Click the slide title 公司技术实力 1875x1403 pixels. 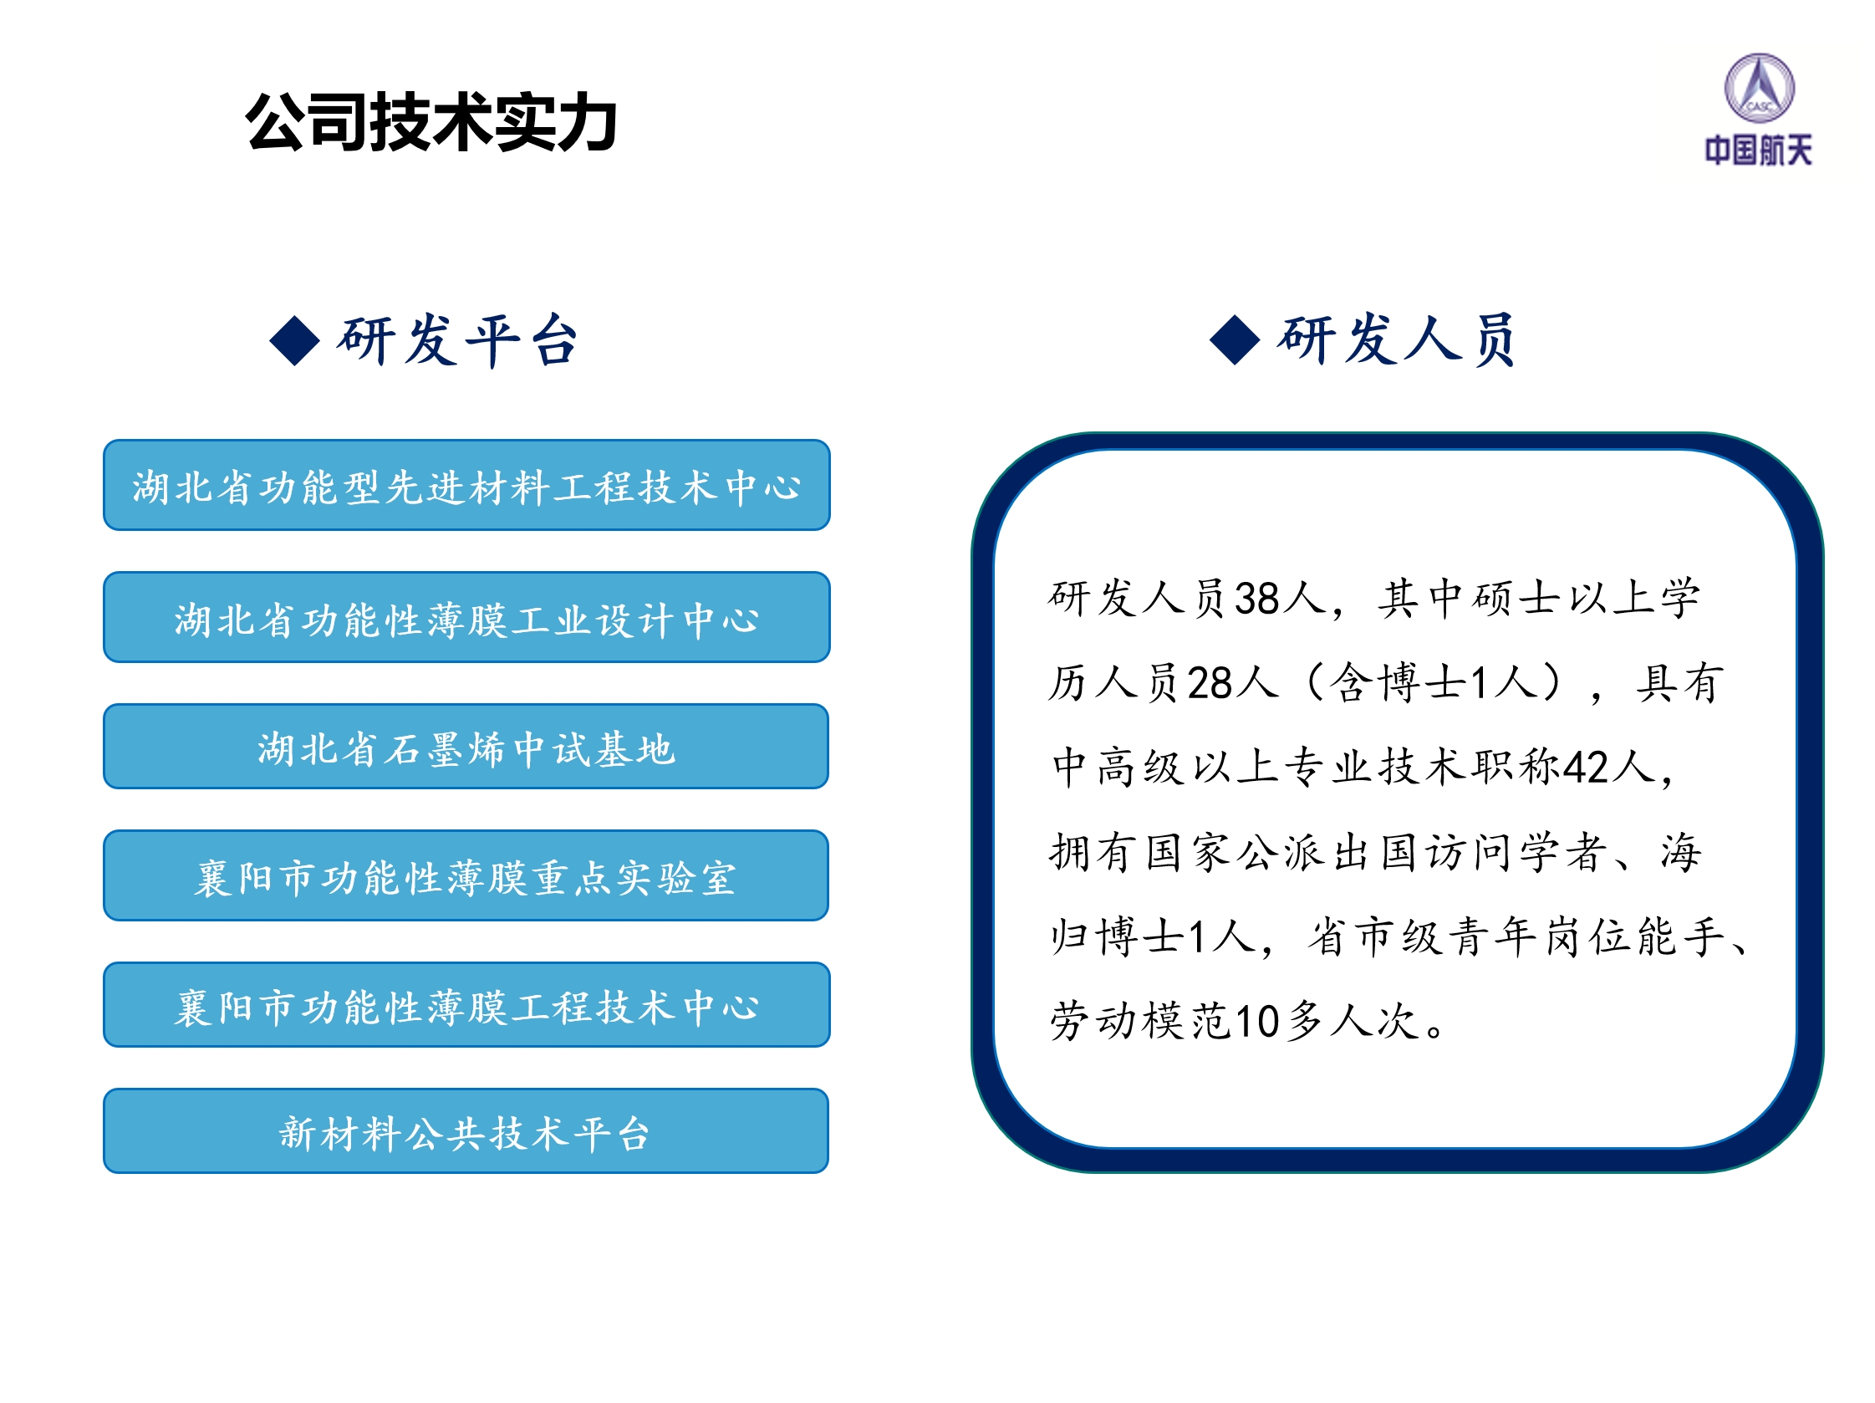[431, 122]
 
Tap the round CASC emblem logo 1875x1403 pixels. [1759, 87]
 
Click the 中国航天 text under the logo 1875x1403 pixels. [1759, 150]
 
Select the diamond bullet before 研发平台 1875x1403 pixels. [294, 341]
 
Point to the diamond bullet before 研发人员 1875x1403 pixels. [1235, 340]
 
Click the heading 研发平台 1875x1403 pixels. [459, 340]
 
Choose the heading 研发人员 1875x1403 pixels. [1398, 339]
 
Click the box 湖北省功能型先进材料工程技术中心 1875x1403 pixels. [466, 485]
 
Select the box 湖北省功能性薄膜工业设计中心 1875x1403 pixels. [466, 617]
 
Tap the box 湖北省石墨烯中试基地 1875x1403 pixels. [466, 746]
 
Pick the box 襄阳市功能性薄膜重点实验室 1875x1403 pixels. [466, 875]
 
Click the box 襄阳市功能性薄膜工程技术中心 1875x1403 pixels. [466, 1004]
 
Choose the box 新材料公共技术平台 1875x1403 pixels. [466, 1131]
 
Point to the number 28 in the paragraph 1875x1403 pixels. [1210, 683]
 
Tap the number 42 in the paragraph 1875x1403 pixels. [1586, 768]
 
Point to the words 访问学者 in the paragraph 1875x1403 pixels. [1516, 852]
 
